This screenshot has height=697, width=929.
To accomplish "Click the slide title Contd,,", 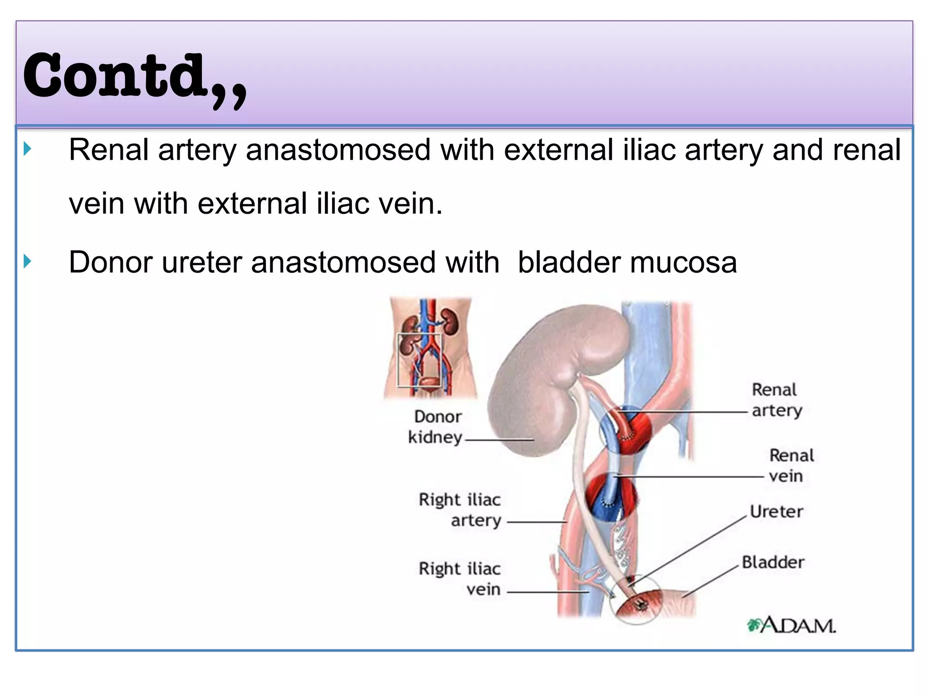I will pyautogui.click(x=135, y=77).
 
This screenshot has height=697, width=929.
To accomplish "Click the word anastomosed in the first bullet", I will pyautogui.click(x=338, y=150).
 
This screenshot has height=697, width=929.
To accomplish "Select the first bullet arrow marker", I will pyautogui.click(x=28, y=149).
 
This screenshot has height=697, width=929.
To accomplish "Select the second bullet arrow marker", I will pyautogui.click(x=28, y=261).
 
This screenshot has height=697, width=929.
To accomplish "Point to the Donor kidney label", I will pyautogui.click(x=436, y=427).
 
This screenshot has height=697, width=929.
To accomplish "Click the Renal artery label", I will pyautogui.click(x=776, y=400).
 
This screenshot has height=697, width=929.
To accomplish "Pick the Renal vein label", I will pyautogui.click(x=791, y=466).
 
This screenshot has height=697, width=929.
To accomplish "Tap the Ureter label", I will pyautogui.click(x=776, y=512).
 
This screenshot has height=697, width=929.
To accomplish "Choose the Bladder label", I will pyautogui.click(x=773, y=562).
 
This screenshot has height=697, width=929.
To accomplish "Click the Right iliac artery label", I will pyautogui.click(x=460, y=510).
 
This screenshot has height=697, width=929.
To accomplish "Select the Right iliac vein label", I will pyautogui.click(x=460, y=579).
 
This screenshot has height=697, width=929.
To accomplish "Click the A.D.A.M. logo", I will pyautogui.click(x=791, y=626).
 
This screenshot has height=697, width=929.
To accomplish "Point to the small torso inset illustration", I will pyautogui.click(x=430, y=348).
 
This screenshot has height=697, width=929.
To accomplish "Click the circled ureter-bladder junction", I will pyautogui.click(x=637, y=601).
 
